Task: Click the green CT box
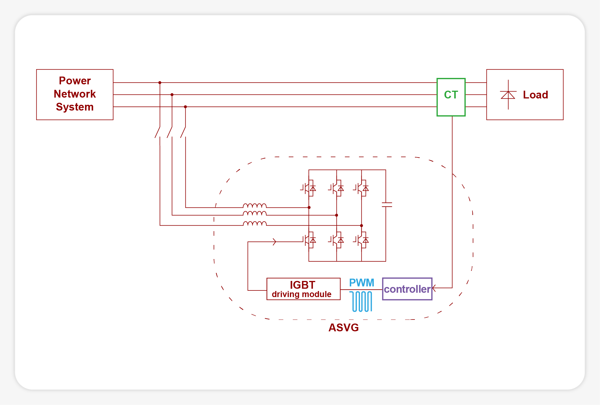pyautogui.click(x=451, y=97)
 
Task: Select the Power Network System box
pyautogui.click(x=75, y=94)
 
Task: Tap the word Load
pyautogui.click(x=535, y=95)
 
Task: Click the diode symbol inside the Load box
pyautogui.click(x=508, y=95)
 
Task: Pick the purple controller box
pyautogui.click(x=407, y=289)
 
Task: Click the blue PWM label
pyautogui.click(x=361, y=283)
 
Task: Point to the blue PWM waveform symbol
pyautogui.click(x=361, y=301)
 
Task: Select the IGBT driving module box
pyautogui.click(x=303, y=289)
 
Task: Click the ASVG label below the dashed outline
pyautogui.click(x=343, y=328)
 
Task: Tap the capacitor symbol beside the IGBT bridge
pyautogui.click(x=387, y=205)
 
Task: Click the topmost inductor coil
pyautogui.click(x=255, y=206)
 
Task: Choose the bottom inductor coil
pyautogui.click(x=255, y=223)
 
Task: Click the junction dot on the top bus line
pyautogui.click(x=160, y=83)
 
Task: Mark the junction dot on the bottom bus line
pyautogui.click(x=185, y=107)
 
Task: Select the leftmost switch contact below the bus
pyautogui.click(x=157, y=132)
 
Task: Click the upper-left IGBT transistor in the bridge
pyautogui.click(x=309, y=188)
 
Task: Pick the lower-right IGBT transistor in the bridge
pyautogui.click(x=362, y=240)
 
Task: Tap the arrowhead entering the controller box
pyautogui.click(x=434, y=288)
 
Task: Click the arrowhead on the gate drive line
pyautogui.click(x=274, y=242)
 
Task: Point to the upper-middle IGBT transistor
pyautogui.click(x=336, y=188)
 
